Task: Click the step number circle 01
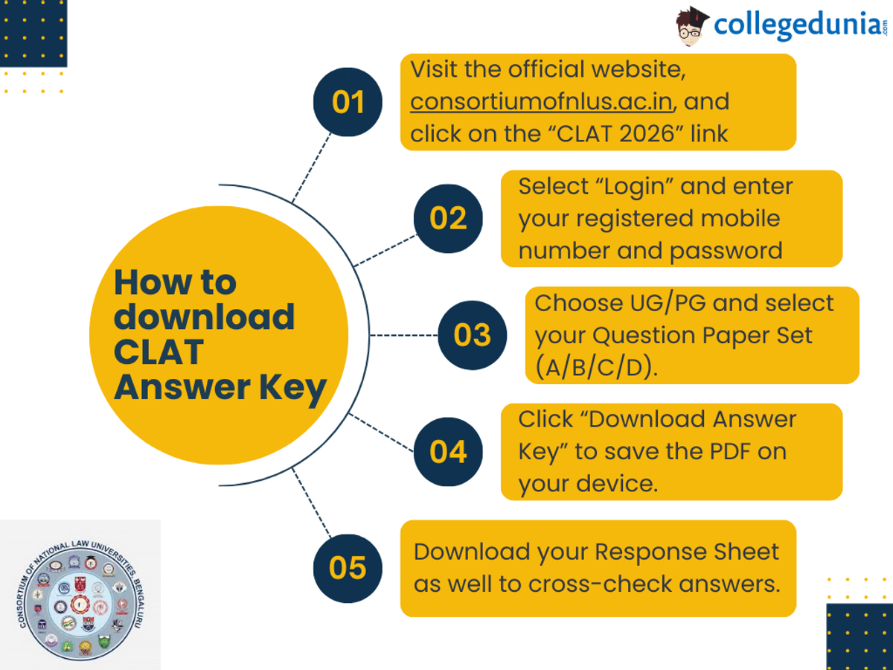(348, 102)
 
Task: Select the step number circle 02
(448, 218)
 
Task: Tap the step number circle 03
(472, 335)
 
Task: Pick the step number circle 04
(448, 452)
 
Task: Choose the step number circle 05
(348, 568)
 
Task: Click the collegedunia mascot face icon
(693, 26)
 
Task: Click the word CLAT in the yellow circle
(159, 352)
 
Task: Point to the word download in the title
(205, 317)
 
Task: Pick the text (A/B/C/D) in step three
(596, 368)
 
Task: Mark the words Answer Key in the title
(220, 388)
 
